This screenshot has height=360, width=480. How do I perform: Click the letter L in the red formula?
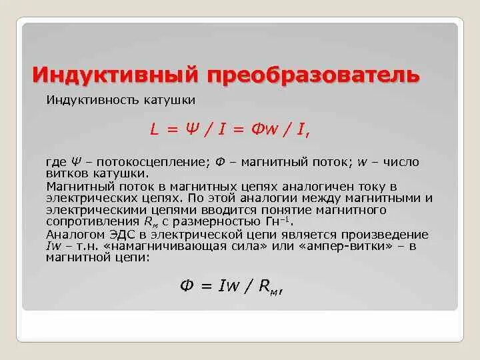(x=154, y=131)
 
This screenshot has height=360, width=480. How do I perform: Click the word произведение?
(x=385, y=235)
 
